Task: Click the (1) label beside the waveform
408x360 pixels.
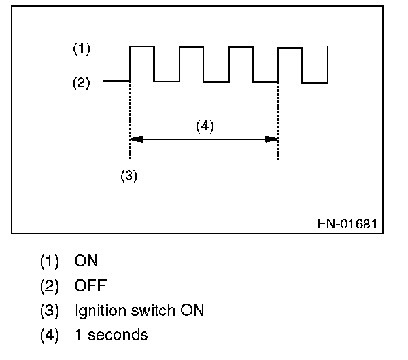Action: coord(81,48)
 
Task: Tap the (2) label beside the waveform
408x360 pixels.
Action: coord(81,83)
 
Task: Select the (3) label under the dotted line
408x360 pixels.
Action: coord(129,177)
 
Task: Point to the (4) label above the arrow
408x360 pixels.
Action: coord(205,126)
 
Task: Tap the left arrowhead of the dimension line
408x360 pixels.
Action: coord(134,139)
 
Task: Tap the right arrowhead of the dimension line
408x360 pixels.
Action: coord(274,139)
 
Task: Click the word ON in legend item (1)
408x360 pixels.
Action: coord(86,261)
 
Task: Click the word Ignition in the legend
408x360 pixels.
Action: coord(99,311)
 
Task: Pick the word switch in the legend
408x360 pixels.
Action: coord(146,310)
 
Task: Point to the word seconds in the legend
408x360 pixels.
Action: coord(118,335)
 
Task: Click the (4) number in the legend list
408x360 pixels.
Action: coord(50,335)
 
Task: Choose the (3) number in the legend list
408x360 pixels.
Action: coord(50,310)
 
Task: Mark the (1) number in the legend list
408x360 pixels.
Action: coord(50,261)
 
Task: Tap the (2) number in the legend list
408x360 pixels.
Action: coord(50,286)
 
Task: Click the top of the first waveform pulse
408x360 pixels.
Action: coord(142,46)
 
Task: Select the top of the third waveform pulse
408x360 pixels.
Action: coord(241,46)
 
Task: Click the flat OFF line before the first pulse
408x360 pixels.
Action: coord(116,81)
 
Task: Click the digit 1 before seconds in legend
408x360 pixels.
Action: coord(78,335)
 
